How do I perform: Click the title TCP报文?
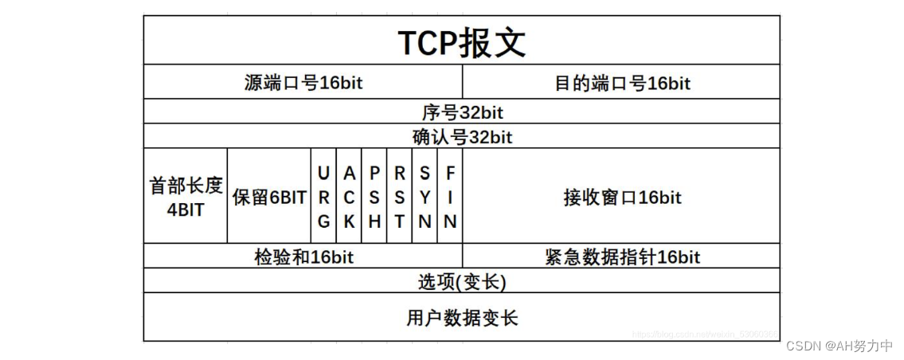(462, 43)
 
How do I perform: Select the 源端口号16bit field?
(303, 82)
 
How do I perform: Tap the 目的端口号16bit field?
(621, 82)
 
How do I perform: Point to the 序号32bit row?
(462, 112)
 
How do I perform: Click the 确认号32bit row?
(462, 136)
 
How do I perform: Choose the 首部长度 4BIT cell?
(186, 197)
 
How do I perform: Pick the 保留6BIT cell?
(269, 198)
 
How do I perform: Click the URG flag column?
(323, 197)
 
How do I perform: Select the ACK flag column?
(349, 197)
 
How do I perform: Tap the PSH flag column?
(374, 197)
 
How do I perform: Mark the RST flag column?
(400, 197)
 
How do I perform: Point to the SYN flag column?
(425, 197)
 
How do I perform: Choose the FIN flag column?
(450, 197)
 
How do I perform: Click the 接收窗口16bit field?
(621, 197)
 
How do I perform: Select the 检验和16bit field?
(303, 256)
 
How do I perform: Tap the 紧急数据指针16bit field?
(621, 256)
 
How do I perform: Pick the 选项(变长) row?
(462, 281)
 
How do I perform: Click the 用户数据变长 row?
(462, 318)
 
